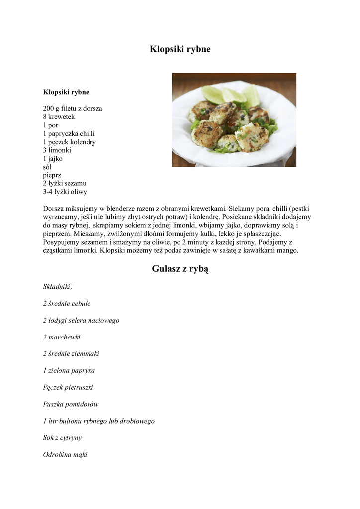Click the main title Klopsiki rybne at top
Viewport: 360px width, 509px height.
coord(180,49)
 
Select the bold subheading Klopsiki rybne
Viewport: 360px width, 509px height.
coord(66,92)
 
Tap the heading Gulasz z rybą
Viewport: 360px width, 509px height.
coord(180,269)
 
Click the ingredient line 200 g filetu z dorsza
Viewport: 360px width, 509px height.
coord(73,108)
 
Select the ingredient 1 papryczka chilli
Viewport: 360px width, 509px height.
coord(69,134)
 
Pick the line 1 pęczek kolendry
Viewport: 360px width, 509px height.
coord(70,142)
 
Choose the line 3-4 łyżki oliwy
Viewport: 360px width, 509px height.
coord(65,192)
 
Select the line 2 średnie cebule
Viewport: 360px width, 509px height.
coord(67,303)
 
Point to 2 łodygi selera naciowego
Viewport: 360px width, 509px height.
coord(81,320)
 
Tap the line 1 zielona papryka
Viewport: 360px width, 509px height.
coord(69,370)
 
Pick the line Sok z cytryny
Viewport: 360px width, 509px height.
coord(62,438)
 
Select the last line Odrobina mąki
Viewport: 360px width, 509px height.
coord(65,454)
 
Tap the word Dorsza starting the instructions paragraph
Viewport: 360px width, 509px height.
coord(54,209)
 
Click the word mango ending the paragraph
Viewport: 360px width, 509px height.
coord(287,251)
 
